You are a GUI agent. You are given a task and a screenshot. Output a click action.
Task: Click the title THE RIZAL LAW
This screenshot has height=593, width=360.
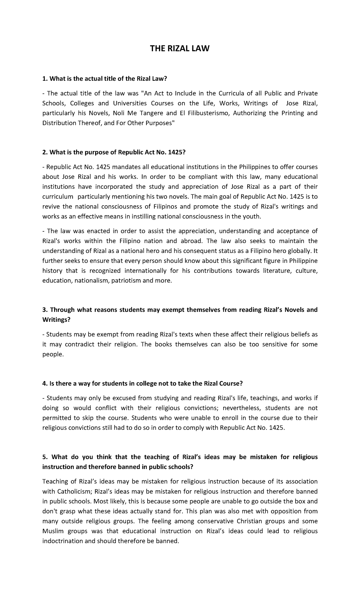coord(180,49)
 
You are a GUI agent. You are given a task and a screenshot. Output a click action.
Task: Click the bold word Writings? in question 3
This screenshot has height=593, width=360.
coord(56,320)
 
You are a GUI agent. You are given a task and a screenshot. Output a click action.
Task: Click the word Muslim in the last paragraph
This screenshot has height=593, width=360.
coord(53,531)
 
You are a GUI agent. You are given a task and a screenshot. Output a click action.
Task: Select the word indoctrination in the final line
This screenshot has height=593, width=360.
coord(62,541)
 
